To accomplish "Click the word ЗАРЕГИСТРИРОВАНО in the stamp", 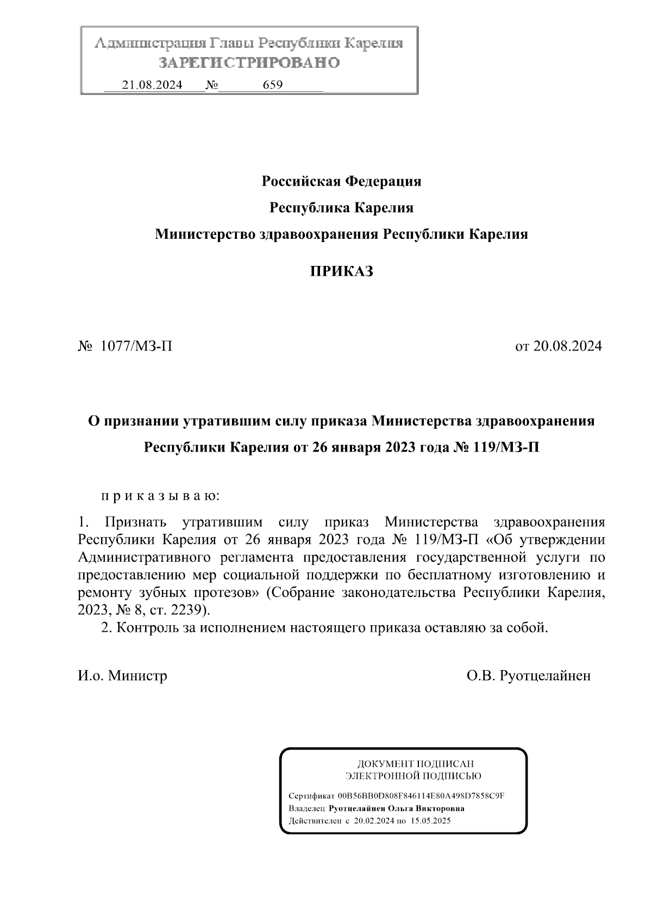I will click(x=249, y=63).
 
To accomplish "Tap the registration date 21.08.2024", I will click(x=152, y=85).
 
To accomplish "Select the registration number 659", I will click(x=272, y=85).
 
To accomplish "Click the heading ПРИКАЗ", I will click(x=341, y=271).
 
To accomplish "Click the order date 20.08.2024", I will click(x=567, y=346).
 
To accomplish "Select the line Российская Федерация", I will click(x=341, y=181).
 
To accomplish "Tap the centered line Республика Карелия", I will click(x=341, y=207).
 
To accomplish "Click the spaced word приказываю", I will click(x=160, y=496).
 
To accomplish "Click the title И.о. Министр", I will click(x=122, y=676).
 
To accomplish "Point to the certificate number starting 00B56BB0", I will click(x=421, y=796).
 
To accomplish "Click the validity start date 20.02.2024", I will click(x=374, y=821).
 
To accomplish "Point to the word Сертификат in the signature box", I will click(x=311, y=796).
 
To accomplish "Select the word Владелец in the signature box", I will click(x=308, y=808).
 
